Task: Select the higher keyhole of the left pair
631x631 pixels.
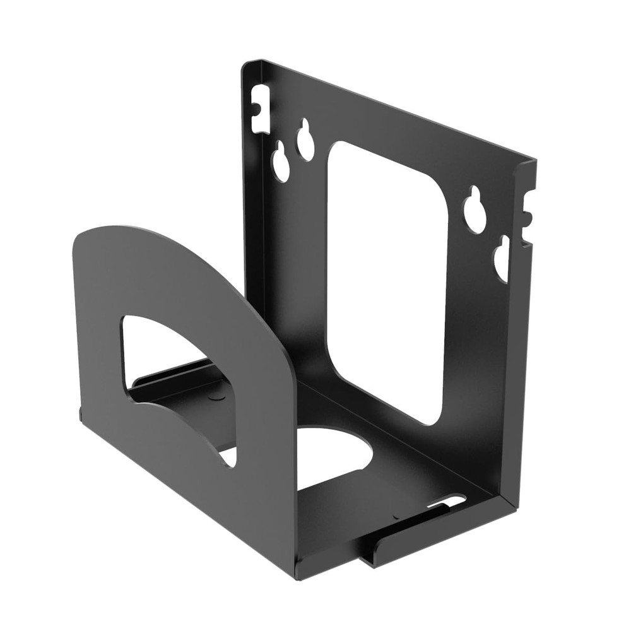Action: click(x=305, y=139)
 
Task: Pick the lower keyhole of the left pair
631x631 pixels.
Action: click(x=281, y=163)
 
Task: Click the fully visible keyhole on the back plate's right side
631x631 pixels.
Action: click(x=475, y=210)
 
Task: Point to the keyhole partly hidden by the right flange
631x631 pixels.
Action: click(x=502, y=259)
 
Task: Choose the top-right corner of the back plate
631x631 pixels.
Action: click(x=534, y=161)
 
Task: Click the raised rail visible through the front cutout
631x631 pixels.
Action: click(x=177, y=372)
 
